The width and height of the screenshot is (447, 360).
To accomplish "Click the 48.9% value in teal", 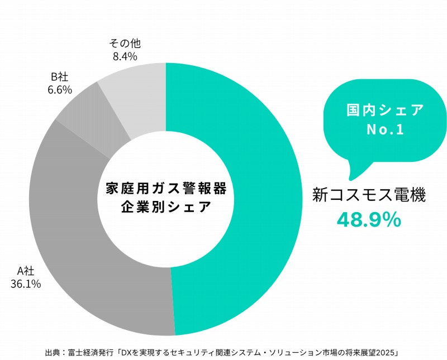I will [369, 220].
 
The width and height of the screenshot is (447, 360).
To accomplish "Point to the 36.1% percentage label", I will [26, 284].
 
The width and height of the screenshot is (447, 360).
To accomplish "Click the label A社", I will [26, 271].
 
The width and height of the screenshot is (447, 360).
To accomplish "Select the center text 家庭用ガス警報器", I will [166, 188].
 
